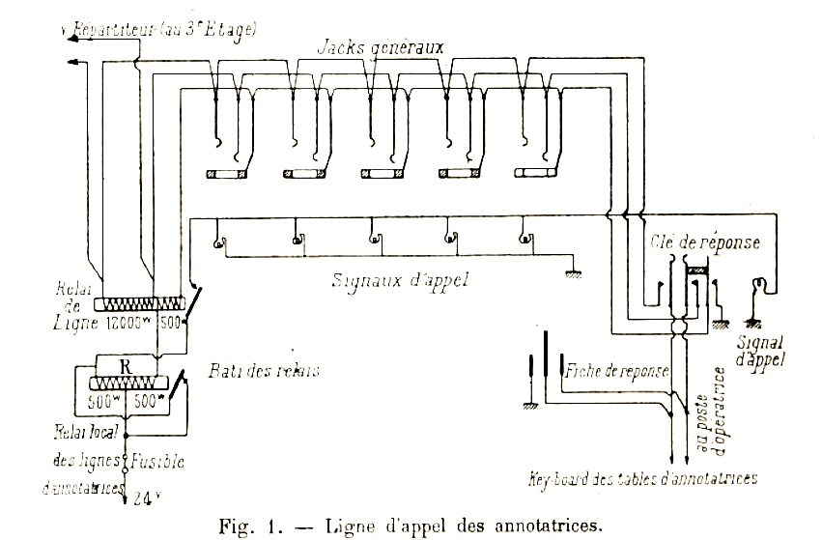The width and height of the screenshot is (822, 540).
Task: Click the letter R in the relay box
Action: click(x=124, y=366)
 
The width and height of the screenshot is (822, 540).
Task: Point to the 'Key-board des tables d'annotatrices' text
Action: click(x=642, y=477)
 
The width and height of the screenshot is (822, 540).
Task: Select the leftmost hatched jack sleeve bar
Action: click(x=228, y=174)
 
